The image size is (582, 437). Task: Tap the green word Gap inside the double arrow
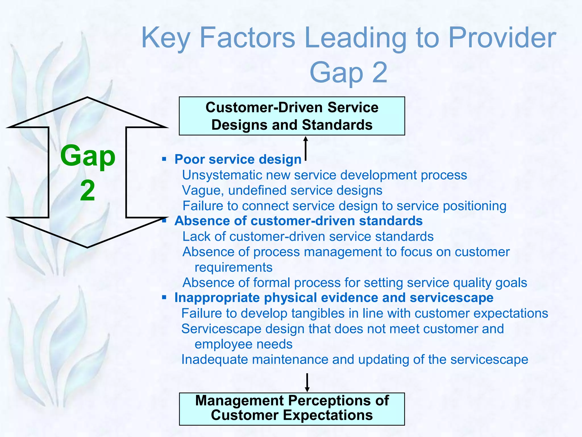88,156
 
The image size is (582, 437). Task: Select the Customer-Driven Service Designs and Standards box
292,116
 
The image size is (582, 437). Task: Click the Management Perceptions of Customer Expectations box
292,409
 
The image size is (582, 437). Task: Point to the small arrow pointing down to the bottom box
307,382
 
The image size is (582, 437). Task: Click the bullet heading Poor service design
238,159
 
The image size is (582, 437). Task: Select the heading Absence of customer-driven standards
298,221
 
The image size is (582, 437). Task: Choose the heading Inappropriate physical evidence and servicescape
334,298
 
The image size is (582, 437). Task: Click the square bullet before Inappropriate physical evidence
164,298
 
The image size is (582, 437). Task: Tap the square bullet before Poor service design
164,159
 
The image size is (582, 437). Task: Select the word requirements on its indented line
233,267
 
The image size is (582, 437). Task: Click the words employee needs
243,344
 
